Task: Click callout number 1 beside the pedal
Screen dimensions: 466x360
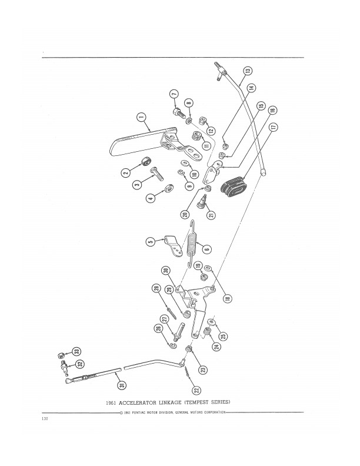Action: [x=141, y=117]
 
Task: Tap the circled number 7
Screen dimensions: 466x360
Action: [x=174, y=95]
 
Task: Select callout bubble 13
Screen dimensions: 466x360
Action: [x=248, y=71]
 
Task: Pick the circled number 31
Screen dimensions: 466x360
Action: [x=120, y=385]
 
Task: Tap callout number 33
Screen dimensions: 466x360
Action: [x=76, y=351]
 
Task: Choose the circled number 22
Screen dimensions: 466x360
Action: [x=196, y=389]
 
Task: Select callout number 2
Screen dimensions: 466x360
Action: [x=126, y=172]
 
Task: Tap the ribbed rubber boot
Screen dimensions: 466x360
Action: [x=236, y=186]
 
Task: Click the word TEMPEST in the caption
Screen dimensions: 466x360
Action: [x=199, y=402]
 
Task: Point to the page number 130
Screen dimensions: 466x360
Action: [x=45, y=419]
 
